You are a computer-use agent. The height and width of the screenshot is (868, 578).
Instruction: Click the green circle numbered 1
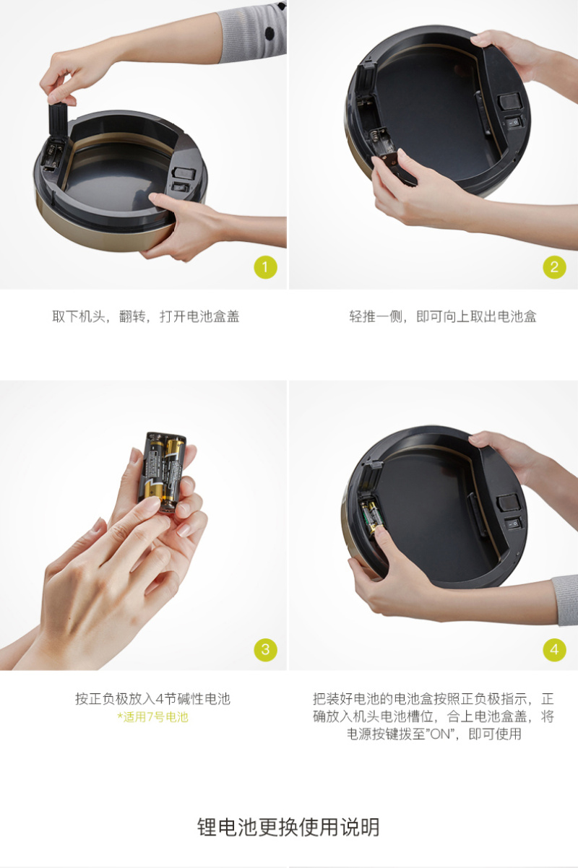pyautogui.click(x=266, y=267)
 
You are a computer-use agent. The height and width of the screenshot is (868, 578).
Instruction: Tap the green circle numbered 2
pyautogui.click(x=554, y=267)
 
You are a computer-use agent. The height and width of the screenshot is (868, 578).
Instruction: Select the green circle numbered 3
pyautogui.click(x=266, y=649)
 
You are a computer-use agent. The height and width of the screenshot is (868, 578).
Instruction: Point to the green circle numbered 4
pyautogui.click(x=554, y=649)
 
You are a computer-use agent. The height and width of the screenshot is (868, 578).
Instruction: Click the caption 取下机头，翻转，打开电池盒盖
pyautogui.click(x=146, y=316)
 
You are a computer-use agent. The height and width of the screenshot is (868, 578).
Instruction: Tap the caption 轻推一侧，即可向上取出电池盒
pyautogui.click(x=443, y=316)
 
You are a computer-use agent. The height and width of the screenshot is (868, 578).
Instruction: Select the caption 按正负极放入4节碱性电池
pyautogui.click(x=152, y=699)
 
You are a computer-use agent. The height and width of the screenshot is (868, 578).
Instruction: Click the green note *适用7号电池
pyautogui.click(x=152, y=717)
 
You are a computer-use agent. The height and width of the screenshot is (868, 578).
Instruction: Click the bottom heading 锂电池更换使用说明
pyautogui.click(x=288, y=828)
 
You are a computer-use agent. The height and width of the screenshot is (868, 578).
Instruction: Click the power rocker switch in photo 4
pyautogui.click(x=513, y=524)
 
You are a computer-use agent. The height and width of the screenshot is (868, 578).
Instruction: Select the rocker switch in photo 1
pyautogui.click(x=180, y=188)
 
